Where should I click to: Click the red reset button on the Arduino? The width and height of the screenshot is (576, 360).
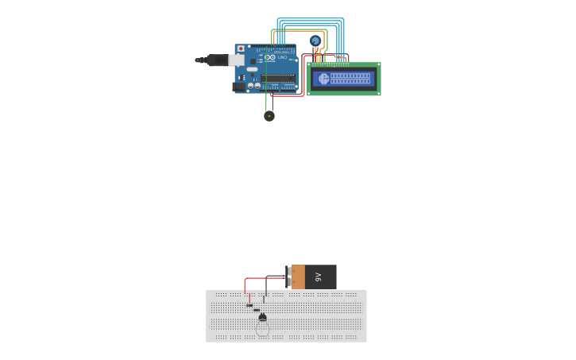[x=241, y=49]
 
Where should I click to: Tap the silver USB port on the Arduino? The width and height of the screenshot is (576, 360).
[x=237, y=60]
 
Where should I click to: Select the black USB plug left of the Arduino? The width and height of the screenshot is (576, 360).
[x=215, y=60]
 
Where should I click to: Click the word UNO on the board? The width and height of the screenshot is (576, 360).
[x=282, y=57]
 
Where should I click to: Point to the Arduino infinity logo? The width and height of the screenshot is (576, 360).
[x=270, y=57]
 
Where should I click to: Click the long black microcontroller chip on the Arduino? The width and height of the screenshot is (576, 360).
[x=278, y=78]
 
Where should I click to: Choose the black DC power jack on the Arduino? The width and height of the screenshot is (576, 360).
[x=238, y=86]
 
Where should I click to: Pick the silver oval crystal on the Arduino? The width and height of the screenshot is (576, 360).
[x=252, y=69]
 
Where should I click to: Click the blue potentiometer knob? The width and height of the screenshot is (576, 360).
[x=315, y=41]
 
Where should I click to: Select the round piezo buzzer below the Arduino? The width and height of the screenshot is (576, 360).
[x=269, y=116]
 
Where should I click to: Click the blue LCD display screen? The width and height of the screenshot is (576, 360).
[x=343, y=79]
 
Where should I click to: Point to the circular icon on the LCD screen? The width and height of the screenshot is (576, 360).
[x=323, y=79]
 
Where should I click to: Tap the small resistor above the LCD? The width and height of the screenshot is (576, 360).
[x=339, y=56]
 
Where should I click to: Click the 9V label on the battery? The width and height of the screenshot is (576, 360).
[x=319, y=277]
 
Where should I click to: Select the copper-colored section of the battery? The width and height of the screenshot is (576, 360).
[x=298, y=277]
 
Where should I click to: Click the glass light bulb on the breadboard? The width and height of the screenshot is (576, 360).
[x=263, y=328]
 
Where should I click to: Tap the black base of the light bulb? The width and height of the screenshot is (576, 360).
[x=263, y=317]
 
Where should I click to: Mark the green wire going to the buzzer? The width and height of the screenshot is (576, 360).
[x=266, y=102]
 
